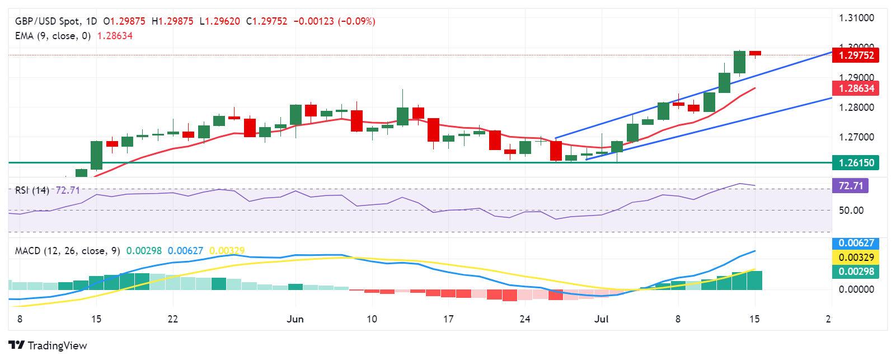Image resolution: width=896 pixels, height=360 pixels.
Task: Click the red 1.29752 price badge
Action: [856, 55]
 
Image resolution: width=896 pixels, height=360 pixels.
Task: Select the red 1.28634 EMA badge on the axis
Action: [856, 88]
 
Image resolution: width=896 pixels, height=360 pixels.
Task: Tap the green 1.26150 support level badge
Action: [856, 163]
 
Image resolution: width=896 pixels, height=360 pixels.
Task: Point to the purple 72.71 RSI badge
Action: [850, 185]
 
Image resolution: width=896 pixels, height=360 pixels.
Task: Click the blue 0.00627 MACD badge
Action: [856, 243]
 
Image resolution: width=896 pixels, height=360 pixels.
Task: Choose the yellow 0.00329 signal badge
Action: [856, 258]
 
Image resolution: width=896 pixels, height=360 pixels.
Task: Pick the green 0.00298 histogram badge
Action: [856, 272]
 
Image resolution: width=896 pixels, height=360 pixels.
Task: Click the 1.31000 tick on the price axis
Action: [856, 18]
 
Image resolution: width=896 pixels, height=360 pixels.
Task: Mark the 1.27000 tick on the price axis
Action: [856, 137]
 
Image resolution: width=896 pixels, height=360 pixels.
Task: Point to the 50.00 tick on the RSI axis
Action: [851, 211]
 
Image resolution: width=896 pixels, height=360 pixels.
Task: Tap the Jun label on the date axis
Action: [295, 319]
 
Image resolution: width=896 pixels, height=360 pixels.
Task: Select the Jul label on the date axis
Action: [601, 319]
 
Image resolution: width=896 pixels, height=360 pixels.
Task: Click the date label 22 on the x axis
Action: [172, 319]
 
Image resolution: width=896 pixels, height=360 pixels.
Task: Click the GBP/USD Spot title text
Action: [47, 21]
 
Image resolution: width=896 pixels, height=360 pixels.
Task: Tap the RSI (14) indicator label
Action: [32, 190]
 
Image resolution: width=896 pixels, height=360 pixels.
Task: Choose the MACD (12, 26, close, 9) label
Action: [67, 251]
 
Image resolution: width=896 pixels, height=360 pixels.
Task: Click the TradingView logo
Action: [48, 345]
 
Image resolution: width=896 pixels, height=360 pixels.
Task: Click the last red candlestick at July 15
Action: [755, 53]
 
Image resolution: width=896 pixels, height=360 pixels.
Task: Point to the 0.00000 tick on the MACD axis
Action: [856, 289]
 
